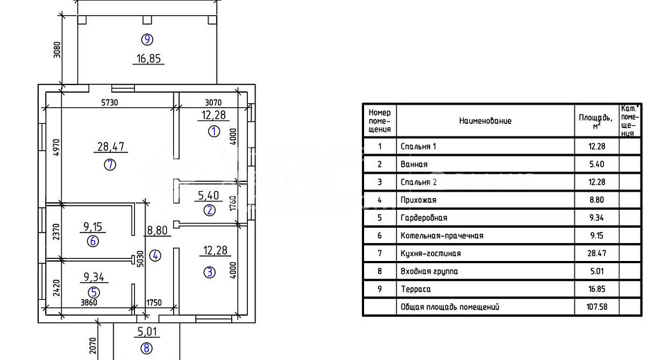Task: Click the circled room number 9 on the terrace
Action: [147, 39]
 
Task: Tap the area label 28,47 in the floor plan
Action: [111, 147]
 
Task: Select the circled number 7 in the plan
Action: [110, 165]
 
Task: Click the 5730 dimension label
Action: [109, 102]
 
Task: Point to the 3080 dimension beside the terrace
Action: [57, 49]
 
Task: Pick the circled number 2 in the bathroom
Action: [209, 210]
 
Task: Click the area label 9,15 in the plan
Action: [93, 226]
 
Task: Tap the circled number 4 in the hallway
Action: [155, 255]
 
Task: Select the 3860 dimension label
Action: [89, 303]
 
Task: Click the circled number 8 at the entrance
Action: [146, 348]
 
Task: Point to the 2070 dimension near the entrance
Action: [93, 345]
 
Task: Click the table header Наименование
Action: [485, 121]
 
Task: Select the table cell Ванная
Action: [414, 165]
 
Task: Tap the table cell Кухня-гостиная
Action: [431, 253]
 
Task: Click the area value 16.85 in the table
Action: [597, 289]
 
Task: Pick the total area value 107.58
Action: [597, 307]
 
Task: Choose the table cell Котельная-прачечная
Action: [442, 235]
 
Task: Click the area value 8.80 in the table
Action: [597, 200]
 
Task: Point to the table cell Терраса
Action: [415, 289]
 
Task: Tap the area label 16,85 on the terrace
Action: [149, 58]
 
